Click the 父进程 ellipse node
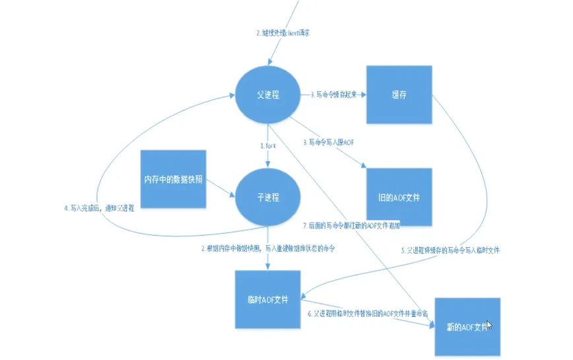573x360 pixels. (267, 94)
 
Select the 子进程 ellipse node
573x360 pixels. (267, 197)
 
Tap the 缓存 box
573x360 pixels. (399, 94)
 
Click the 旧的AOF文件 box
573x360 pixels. (400, 198)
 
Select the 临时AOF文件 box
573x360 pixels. (267, 300)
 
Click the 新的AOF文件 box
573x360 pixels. (465, 328)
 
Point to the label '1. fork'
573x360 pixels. (268, 145)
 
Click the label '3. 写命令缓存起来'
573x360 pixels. (333, 94)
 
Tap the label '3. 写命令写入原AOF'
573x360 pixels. (328, 142)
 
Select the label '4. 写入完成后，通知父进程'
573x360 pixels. (100, 207)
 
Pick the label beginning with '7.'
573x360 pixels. (351, 225)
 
